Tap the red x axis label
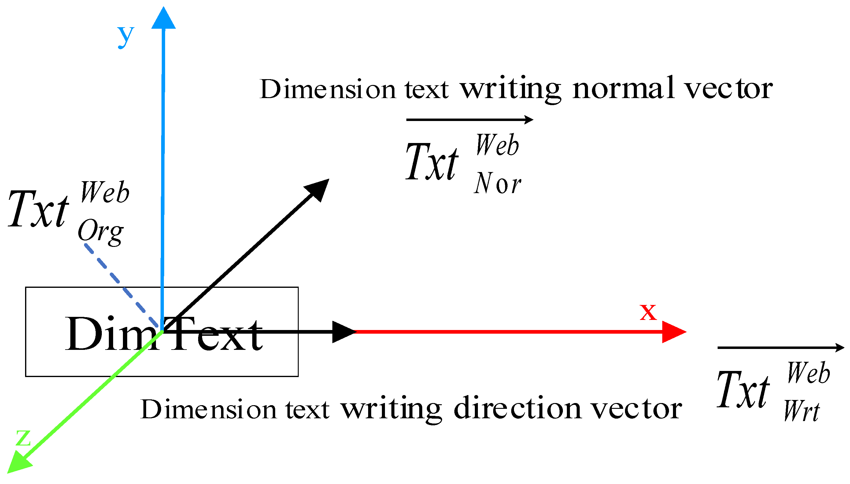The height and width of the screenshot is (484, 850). pos(648,313)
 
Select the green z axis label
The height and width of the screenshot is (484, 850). pos(23,438)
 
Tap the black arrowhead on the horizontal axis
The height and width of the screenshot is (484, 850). pos(343,332)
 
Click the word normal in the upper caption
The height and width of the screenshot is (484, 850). pos(623,88)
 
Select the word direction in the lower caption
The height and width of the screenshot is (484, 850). pos(517,409)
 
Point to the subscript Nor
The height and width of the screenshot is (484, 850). pos(497,184)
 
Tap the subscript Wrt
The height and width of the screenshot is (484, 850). pos(801,411)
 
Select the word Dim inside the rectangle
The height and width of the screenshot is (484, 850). pos(111,334)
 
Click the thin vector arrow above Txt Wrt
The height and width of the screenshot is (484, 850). pos(780,348)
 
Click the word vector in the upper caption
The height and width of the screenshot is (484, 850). pos(728,89)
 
